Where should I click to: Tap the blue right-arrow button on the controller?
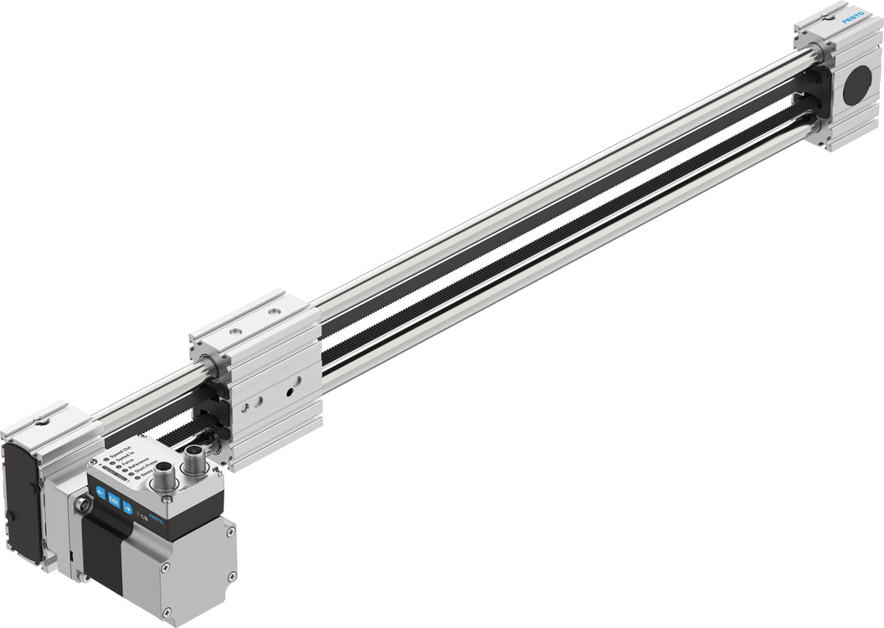(x=127, y=507)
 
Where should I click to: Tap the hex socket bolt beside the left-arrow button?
(x=83, y=504)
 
